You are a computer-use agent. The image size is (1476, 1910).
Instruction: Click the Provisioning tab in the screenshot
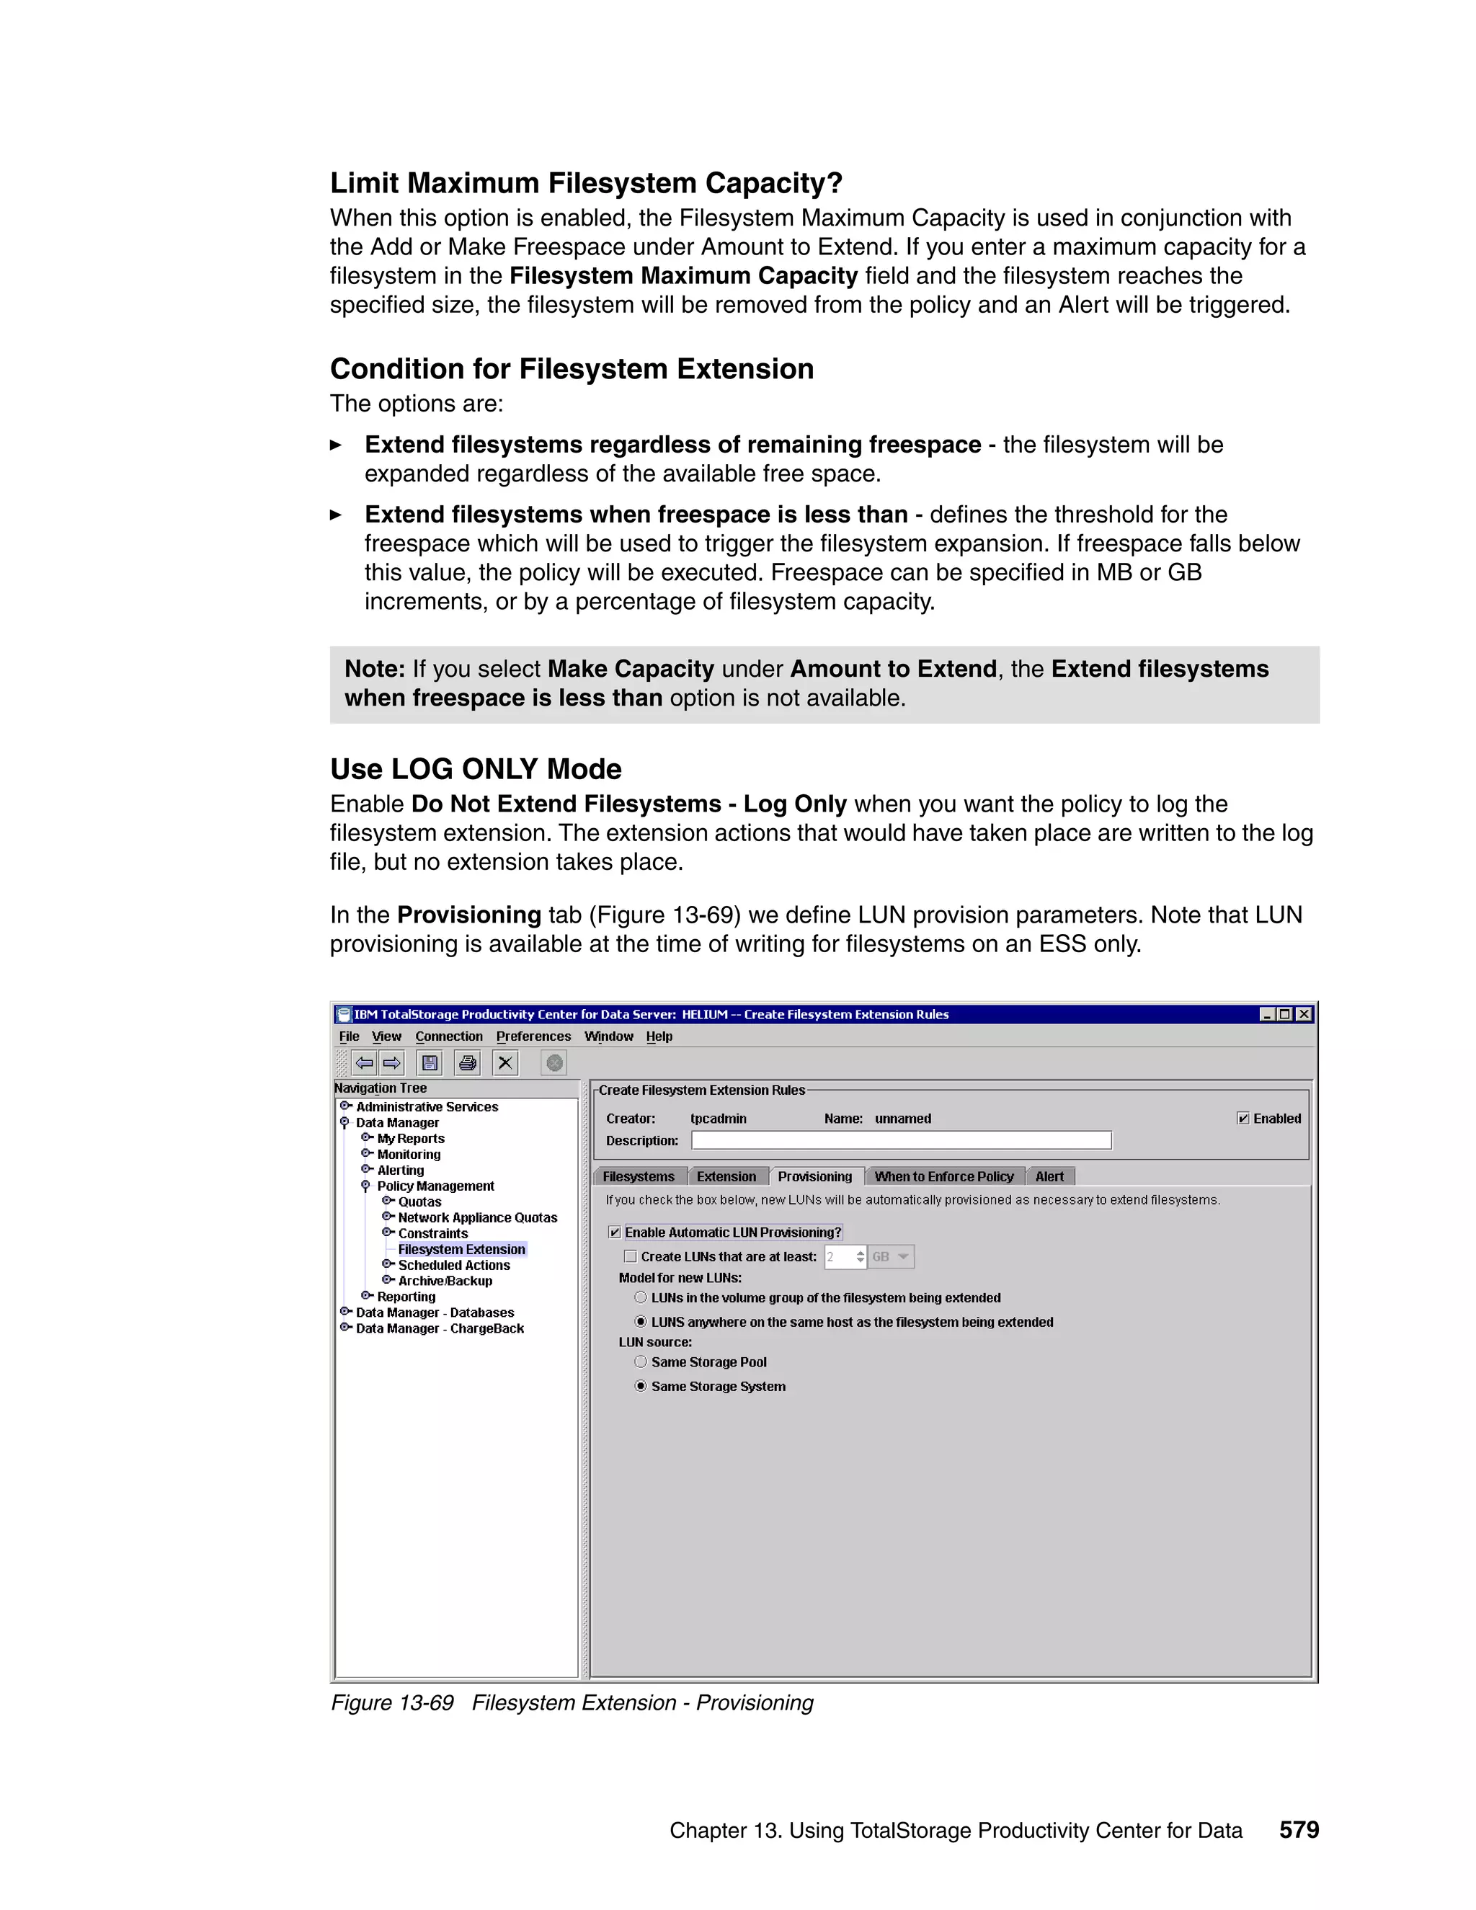click(x=814, y=1176)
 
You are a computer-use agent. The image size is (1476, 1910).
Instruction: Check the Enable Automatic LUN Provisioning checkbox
click(x=615, y=1232)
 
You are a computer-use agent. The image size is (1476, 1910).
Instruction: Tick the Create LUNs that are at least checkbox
click(x=631, y=1257)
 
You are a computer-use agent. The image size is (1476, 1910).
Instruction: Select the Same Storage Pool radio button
click(x=641, y=1362)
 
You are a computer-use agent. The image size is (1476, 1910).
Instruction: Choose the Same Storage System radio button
click(x=641, y=1386)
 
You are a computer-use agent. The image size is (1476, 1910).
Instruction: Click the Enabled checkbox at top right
click(x=1243, y=1119)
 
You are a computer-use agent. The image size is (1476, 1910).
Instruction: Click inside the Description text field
click(x=901, y=1140)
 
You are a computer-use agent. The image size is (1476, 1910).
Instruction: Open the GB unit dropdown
click(x=891, y=1257)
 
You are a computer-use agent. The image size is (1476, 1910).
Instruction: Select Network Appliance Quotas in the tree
click(x=477, y=1217)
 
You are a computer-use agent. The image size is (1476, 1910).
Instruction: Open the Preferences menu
click(x=533, y=1036)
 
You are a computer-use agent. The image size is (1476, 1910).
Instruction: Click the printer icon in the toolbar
click(x=468, y=1062)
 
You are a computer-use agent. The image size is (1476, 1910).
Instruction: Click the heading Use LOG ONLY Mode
click(x=476, y=769)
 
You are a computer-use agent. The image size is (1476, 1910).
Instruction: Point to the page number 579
click(x=1299, y=1829)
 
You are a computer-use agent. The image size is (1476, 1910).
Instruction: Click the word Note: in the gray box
click(x=374, y=669)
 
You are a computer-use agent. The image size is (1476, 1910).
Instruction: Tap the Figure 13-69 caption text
click(x=572, y=1702)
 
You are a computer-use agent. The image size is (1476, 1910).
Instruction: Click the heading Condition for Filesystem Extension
click(x=571, y=369)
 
